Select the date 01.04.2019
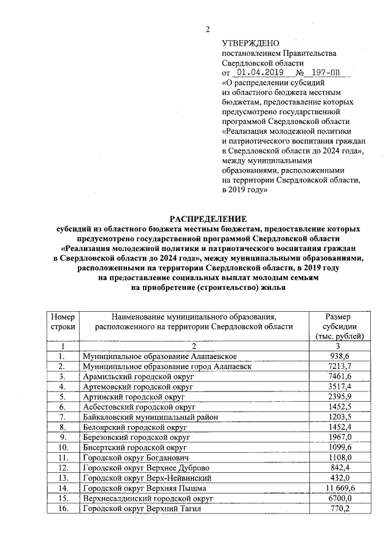pos(256,72)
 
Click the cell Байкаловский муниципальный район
pos(150,418)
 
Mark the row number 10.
pos(63,448)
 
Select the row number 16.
pos(63,509)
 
